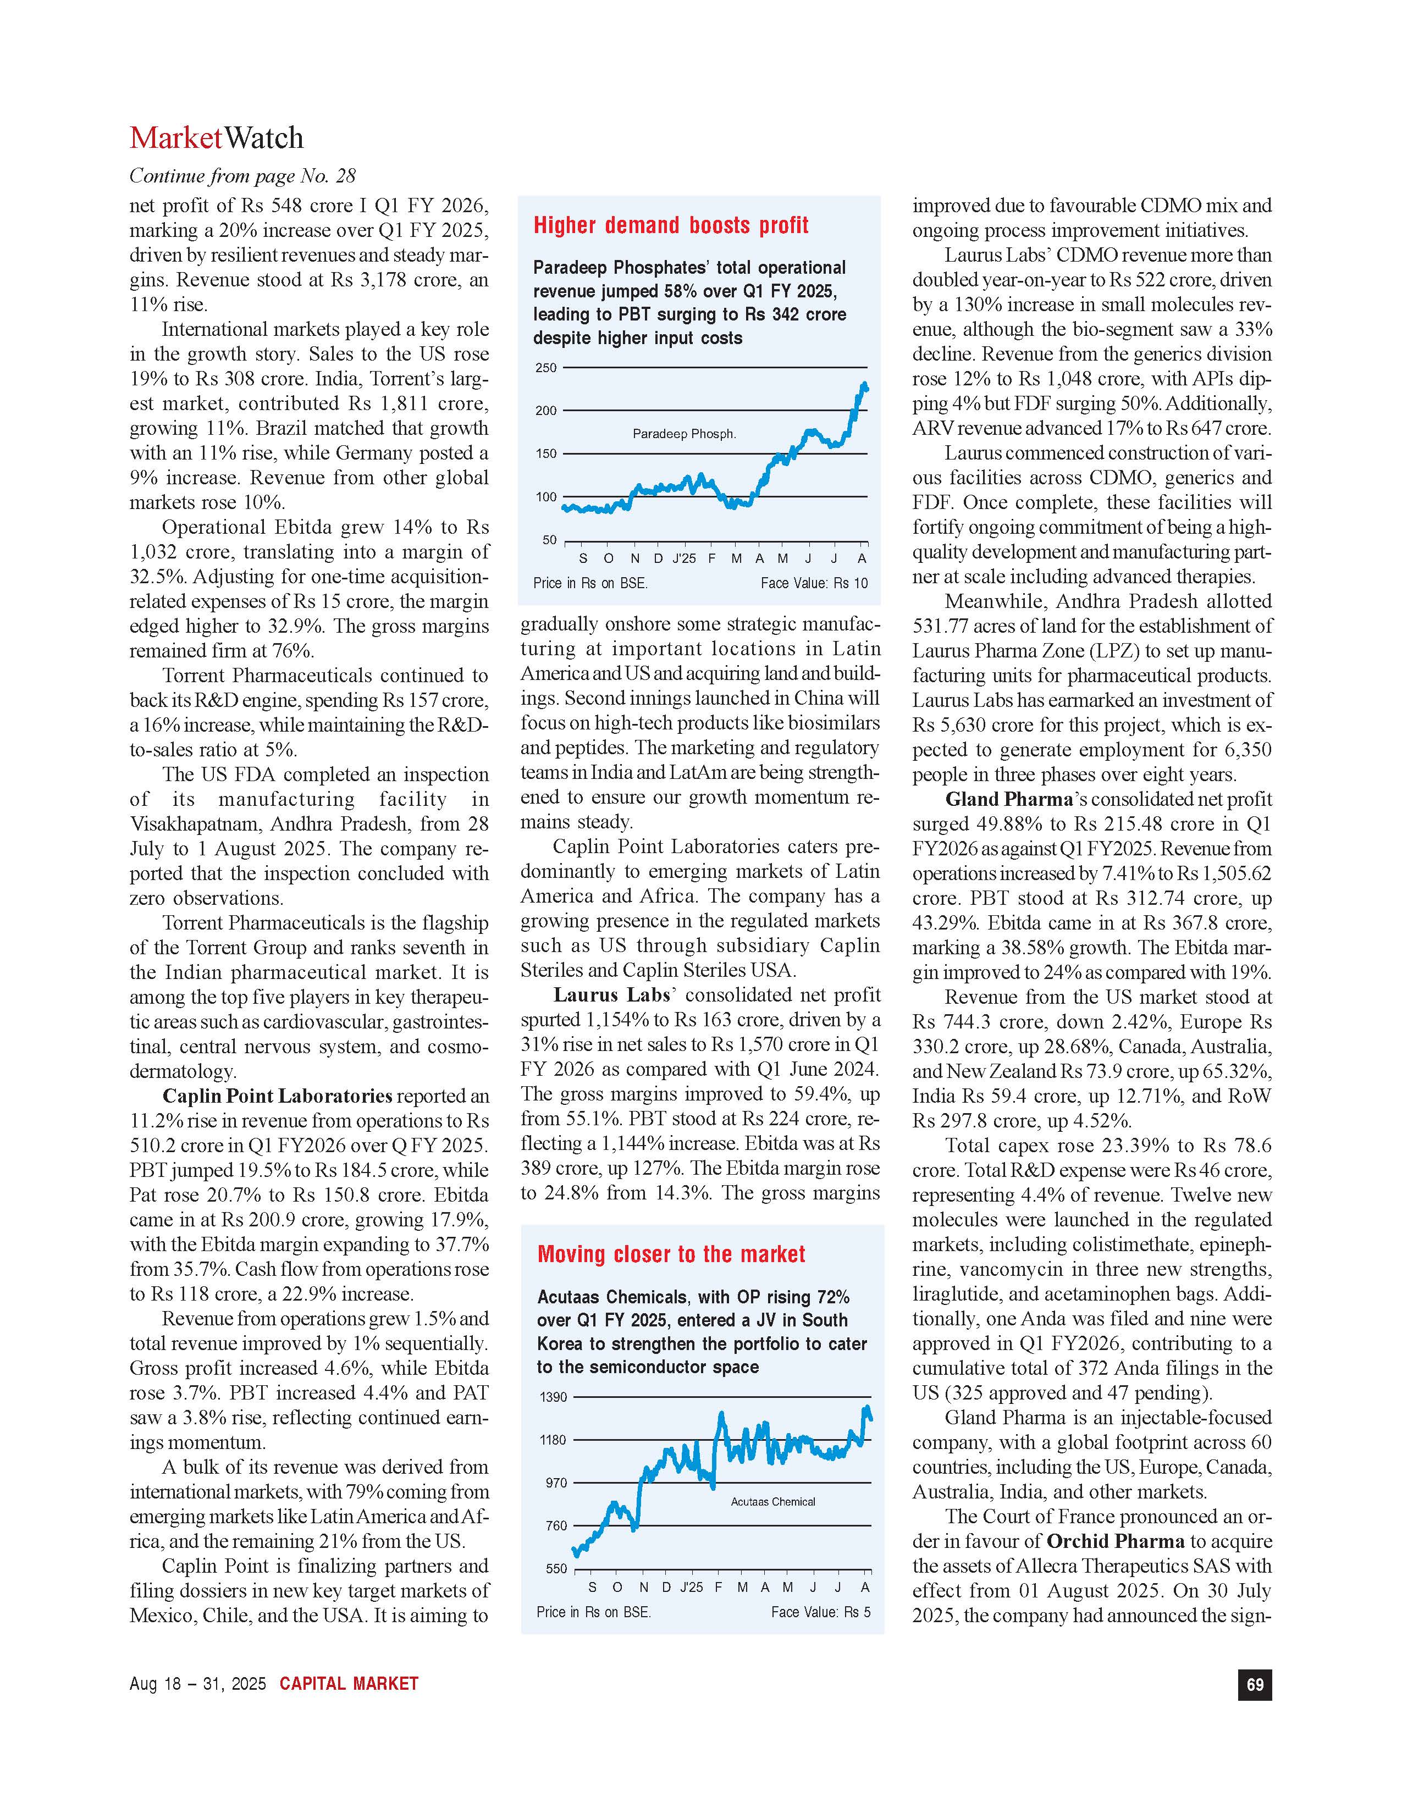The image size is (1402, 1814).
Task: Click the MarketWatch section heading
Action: tap(217, 138)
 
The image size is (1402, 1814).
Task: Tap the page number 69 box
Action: tap(1254, 1684)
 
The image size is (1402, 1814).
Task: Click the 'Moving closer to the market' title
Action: tap(671, 1254)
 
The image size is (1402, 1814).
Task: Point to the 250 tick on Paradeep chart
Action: tap(546, 368)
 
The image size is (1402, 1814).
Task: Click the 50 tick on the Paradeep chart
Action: tap(549, 540)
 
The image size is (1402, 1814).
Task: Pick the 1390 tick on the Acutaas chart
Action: tap(553, 1397)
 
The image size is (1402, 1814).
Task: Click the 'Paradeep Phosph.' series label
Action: tap(683, 434)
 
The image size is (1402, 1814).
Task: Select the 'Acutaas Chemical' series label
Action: tap(772, 1502)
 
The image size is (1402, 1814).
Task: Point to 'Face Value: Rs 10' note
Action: tap(813, 583)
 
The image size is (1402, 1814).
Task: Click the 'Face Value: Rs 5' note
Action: tap(821, 1612)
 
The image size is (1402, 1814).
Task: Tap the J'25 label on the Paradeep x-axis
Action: tap(683, 558)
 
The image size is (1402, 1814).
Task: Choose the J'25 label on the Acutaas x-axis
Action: tap(691, 1588)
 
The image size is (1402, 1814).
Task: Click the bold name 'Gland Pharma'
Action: tap(1008, 799)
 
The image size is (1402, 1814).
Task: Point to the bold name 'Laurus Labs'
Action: tap(611, 995)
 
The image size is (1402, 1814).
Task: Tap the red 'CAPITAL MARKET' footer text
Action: tap(349, 1684)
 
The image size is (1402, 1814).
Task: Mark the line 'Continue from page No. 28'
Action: tap(242, 176)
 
